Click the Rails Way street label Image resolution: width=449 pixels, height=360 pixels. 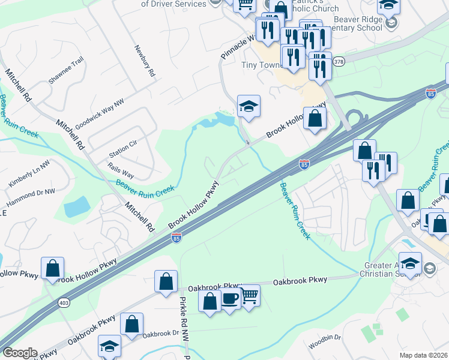coord(121,169)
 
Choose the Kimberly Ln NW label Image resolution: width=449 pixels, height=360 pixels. coord(29,173)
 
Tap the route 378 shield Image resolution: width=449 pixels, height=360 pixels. coord(339,62)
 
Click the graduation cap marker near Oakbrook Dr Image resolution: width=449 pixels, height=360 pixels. coord(109,346)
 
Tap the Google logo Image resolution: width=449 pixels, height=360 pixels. coord(19,353)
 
